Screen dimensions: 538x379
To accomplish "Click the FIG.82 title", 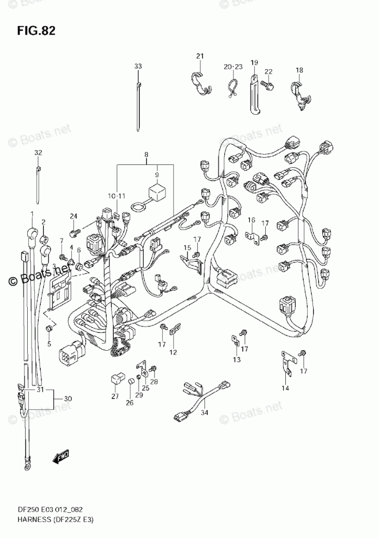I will [x=36, y=30].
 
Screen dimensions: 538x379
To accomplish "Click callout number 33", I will [x=138, y=66].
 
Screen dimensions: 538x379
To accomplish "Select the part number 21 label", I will [x=199, y=57].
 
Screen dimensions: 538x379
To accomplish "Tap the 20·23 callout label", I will [x=232, y=66].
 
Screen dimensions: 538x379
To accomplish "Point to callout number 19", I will [x=254, y=63].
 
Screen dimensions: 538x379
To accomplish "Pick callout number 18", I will [x=299, y=70].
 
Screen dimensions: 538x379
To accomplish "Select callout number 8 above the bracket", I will [x=146, y=155].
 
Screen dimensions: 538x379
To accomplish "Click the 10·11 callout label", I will [x=117, y=195].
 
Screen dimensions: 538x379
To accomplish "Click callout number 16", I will [x=252, y=219].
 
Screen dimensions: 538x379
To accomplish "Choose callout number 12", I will [x=173, y=353].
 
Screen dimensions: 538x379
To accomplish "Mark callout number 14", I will [x=285, y=388].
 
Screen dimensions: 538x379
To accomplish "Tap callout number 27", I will [x=115, y=396].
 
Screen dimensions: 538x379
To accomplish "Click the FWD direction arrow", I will [x=60, y=456].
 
